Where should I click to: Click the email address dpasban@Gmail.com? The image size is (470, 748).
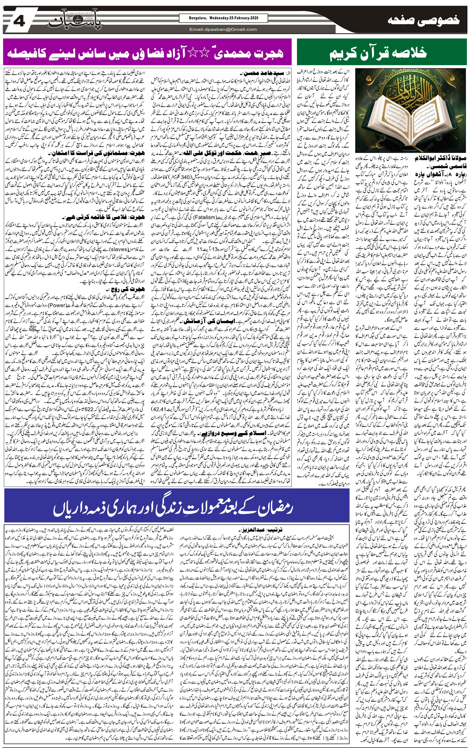click(223, 30)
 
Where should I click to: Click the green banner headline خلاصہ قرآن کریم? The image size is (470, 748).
click(378, 52)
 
